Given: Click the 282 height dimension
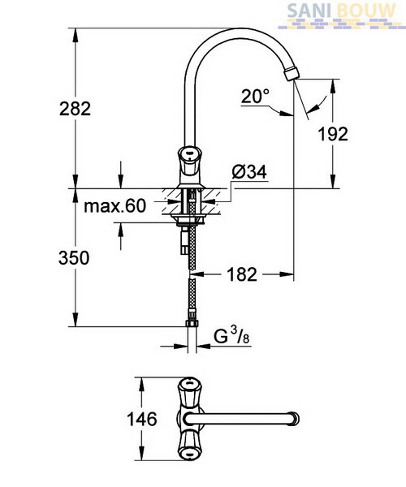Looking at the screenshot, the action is (x=76, y=109).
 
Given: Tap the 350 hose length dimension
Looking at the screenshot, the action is (x=74, y=258).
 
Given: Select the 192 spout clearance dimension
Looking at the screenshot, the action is (x=333, y=134).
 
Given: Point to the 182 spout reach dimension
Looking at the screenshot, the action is (x=242, y=274).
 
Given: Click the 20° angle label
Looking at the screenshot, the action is (x=255, y=96).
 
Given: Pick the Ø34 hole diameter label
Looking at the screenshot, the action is (x=249, y=172).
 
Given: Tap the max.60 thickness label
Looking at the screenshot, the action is (x=115, y=206).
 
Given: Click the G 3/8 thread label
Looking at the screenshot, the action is (x=231, y=336).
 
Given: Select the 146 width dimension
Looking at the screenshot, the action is (x=142, y=420).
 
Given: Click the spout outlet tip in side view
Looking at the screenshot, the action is (x=292, y=74).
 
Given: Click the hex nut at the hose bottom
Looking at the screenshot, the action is (x=192, y=323).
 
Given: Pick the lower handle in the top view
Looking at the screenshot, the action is (x=189, y=445).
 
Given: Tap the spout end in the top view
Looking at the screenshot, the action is (x=294, y=419).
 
